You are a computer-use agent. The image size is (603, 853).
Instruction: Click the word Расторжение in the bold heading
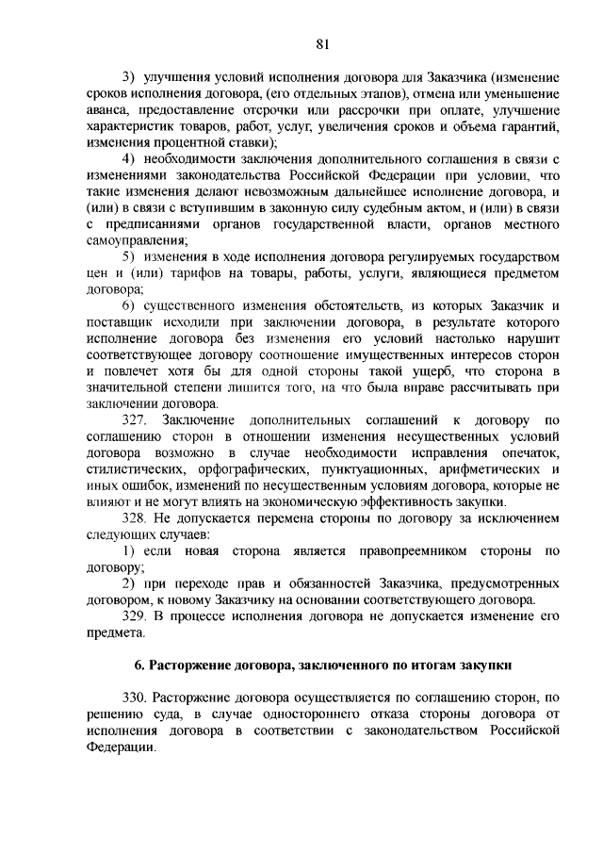197,670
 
